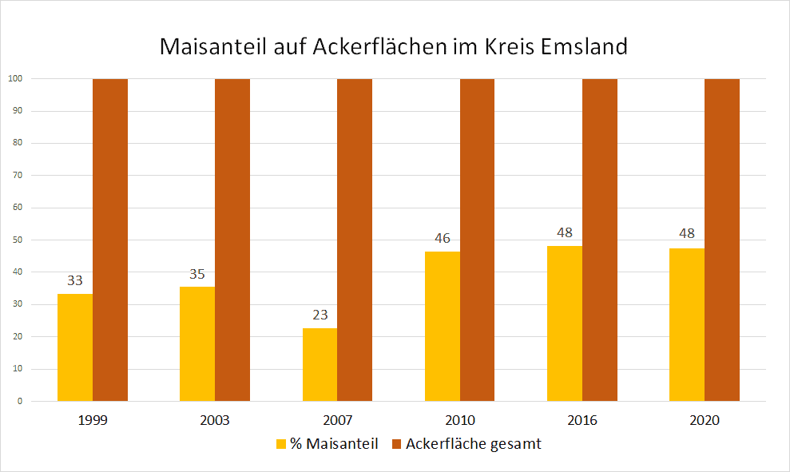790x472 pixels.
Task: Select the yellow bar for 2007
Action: click(x=320, y=364)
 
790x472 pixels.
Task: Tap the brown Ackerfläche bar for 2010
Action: click(x=477, y=240)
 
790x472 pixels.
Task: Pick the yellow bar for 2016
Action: click(x=565, y=323)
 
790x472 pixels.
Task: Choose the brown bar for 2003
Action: click(x=232, y=240)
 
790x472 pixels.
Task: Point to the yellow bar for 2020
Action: click(x=687, y=325)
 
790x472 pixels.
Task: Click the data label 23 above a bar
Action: click(x=320, y=315)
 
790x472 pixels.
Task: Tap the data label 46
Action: click(x=443, y=238)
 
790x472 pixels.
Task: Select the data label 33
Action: click(x=75, y=280)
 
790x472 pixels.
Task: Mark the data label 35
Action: click(x=197, y=274)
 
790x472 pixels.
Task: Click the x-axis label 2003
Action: click(x=216, y=420)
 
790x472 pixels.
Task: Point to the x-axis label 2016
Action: click(x=582, y=420)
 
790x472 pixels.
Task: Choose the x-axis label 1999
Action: click(x=93, y=420)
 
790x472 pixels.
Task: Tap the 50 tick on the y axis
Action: click(x=16, y=240)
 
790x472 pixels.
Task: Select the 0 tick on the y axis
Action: click(x=19, y=401)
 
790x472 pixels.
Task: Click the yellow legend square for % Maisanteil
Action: click(x=281, y=444)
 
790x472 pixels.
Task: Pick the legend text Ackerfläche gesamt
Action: click(x=473, y=444)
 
